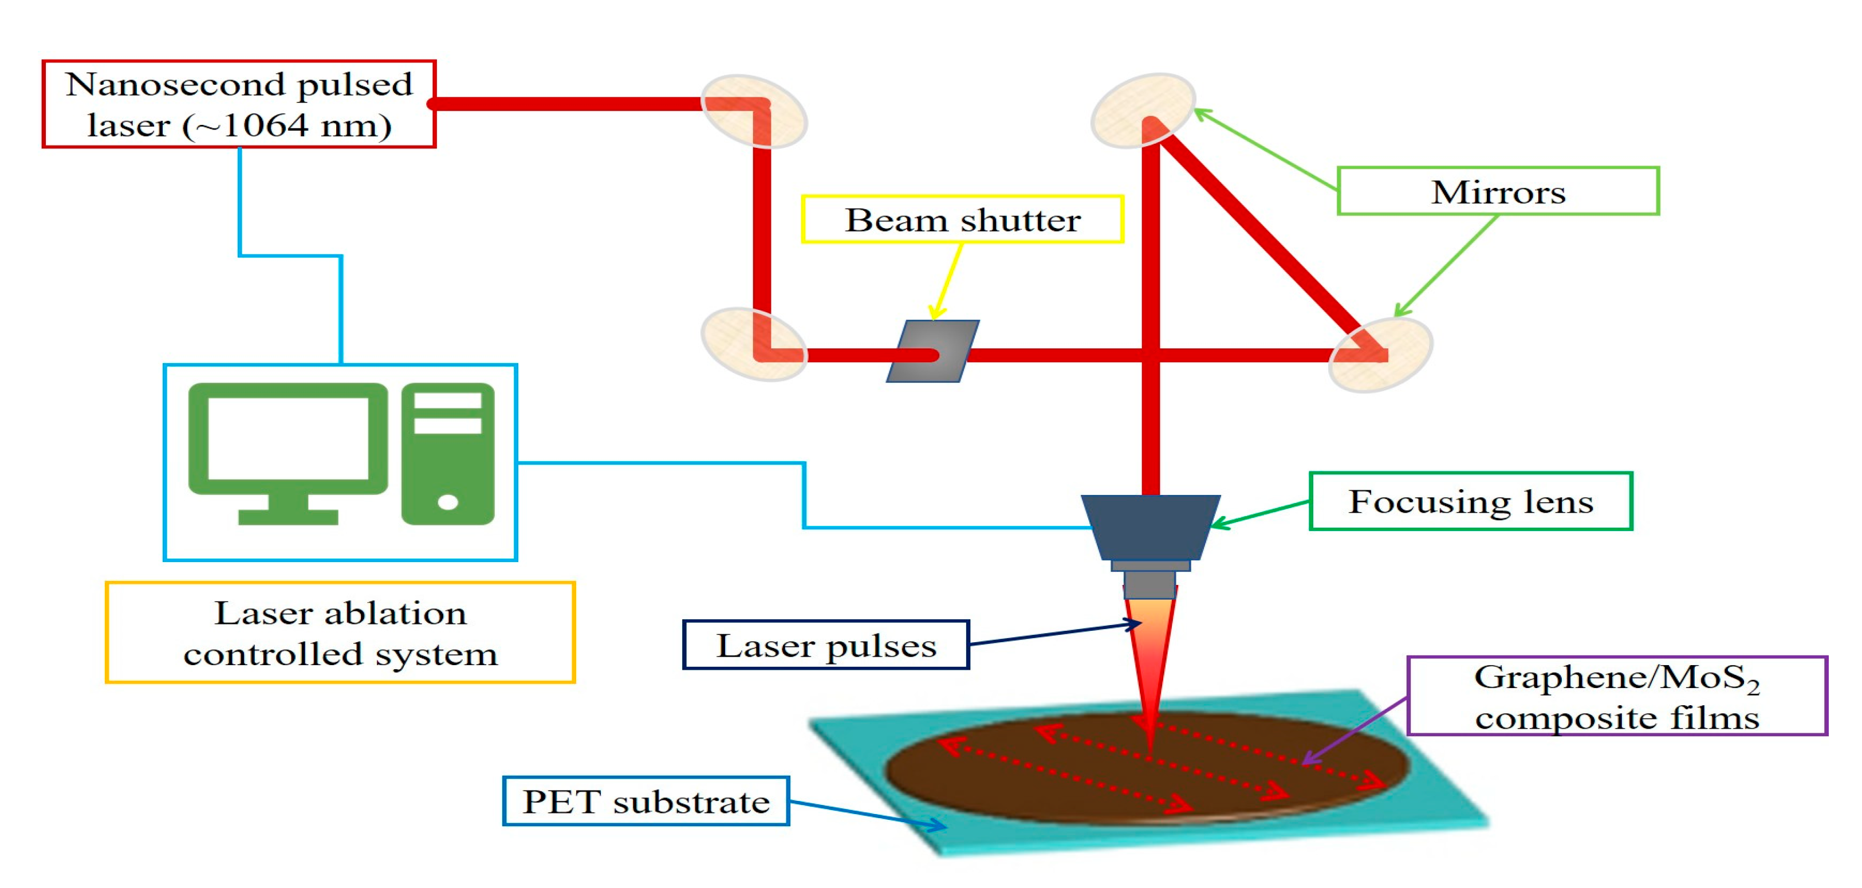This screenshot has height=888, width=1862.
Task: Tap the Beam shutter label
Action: pyautogui.click(x=962, y=219)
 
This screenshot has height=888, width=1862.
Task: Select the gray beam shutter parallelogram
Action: pyautogui.click(x=932, y=351)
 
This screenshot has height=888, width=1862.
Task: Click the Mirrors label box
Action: pyautogui.click(x=1498, y=191)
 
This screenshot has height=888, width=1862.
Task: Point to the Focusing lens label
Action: pyautogui.click(x=1470, y=501)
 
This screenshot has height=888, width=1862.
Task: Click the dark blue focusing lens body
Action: pyautogui.click(x=1150, y=526)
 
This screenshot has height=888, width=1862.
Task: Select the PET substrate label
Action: pyautogui.click(x=645, y=801)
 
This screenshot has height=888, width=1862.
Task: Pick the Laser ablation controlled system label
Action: pyautogui.click(x=340, y=632)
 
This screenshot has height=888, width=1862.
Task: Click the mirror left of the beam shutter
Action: pyautogui.click(x=753, y=344)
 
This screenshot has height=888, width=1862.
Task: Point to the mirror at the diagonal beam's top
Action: pyautogui.click(x=1143, y=110)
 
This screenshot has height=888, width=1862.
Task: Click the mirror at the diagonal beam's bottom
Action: pyautogui.click(x=1380, y=354)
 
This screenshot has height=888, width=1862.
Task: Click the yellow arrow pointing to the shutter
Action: pyautogui.click(x=948, y=281)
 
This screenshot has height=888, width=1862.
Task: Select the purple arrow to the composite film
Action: pyautogui.click(x=1355, y=730)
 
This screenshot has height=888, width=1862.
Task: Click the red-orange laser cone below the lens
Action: pyautogui.click(x=1150, y=651)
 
